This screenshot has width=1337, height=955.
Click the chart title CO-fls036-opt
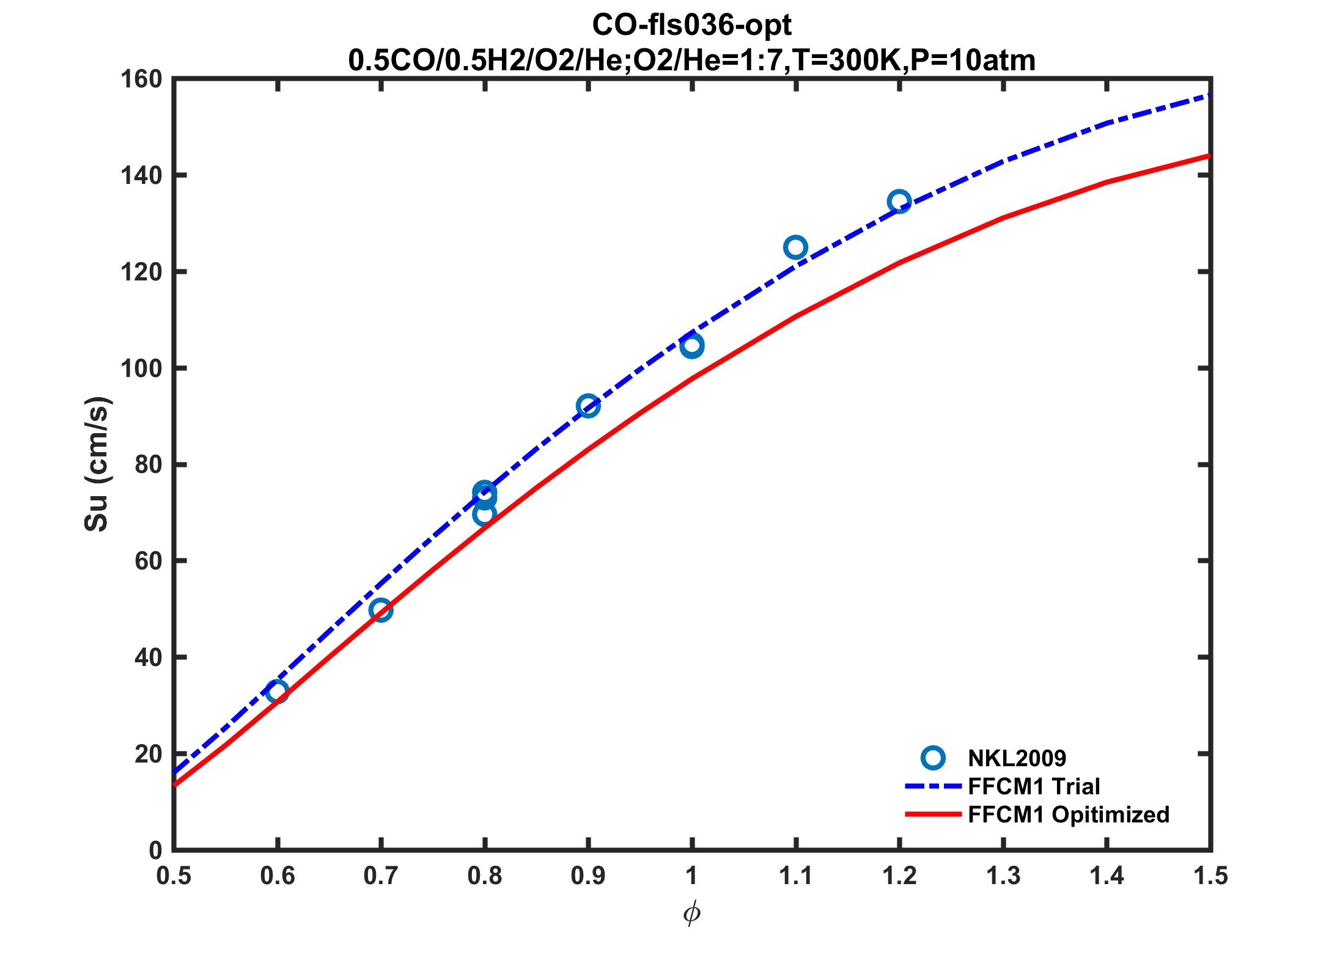691,26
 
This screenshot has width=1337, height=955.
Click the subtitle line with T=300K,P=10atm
691,60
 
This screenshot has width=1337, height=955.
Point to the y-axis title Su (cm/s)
97,464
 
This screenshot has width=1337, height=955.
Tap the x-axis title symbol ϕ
691,913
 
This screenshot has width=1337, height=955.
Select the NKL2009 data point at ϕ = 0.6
278,692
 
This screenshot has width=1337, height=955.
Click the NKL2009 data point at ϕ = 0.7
381,610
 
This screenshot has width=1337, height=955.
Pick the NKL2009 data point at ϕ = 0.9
588,406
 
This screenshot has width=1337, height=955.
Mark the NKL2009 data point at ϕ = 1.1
795,247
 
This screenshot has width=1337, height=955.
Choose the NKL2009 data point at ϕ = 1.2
899,201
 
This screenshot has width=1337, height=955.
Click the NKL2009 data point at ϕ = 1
692,346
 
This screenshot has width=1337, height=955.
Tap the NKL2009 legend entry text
1017,758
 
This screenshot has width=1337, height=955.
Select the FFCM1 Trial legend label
1034,786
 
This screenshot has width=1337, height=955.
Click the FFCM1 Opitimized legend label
1068,814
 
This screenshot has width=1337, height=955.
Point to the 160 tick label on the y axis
141,79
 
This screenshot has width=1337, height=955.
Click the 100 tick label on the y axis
141,368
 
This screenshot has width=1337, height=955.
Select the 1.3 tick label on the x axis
1003,876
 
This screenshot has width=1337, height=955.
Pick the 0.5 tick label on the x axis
174,876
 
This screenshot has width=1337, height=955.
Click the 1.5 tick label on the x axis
1210,876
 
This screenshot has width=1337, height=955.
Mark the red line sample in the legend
933,814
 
